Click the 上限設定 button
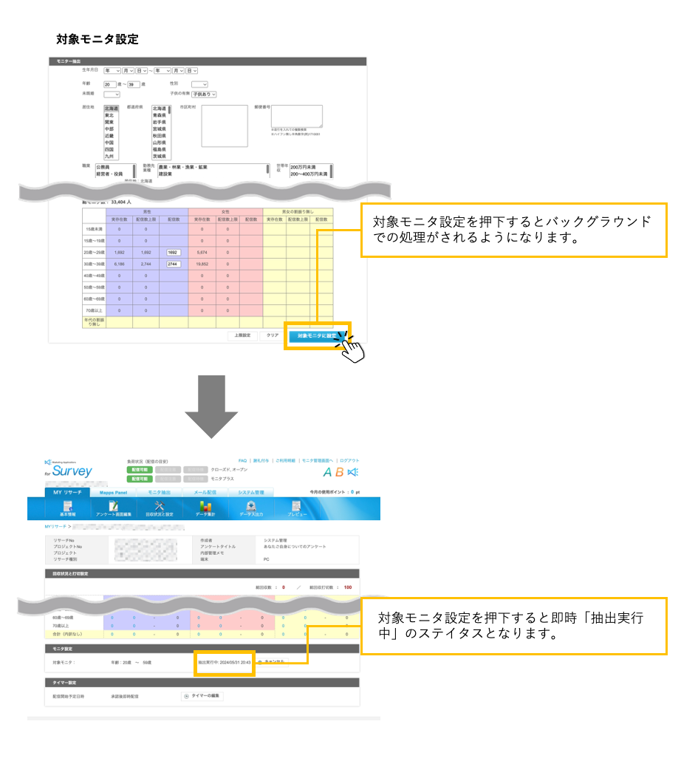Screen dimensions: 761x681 pyautogui.click(x=242, y=335)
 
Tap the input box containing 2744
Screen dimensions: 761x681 pyautogui.click(x=174, y=264)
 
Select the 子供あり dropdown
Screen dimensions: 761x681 pyautogui.click(x=204, y=95)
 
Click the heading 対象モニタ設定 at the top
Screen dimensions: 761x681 pyautogui.click(x=97, y=38)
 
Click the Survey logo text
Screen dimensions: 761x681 pyautogui.click(x=72, y=471)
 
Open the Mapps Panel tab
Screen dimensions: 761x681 pyautogui.click(x=114, y=492)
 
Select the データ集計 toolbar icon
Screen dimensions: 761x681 pyautogui.click(x=205, y=508)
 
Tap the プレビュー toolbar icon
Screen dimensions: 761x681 pyautogui.click(x=296, y=508)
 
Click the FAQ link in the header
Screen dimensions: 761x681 pyautogui.click(x=242, y=460)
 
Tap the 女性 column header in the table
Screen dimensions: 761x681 pyautogui.click(x=225, y=211)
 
